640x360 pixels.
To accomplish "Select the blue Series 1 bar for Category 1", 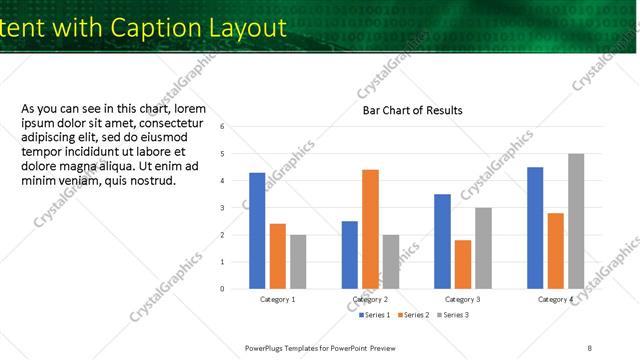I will tap(257, 231).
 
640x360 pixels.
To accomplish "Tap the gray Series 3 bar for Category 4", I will tap(576, 221).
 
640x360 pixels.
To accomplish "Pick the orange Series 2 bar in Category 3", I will tap(462, 264).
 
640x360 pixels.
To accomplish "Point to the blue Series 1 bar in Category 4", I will tap(535, 228).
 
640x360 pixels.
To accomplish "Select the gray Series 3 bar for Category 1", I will tap(298, 262).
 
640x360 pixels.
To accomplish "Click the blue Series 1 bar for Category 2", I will tap(349, 255).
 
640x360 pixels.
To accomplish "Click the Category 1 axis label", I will tap(277, 300).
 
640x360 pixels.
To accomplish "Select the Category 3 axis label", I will tap(462, 300).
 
